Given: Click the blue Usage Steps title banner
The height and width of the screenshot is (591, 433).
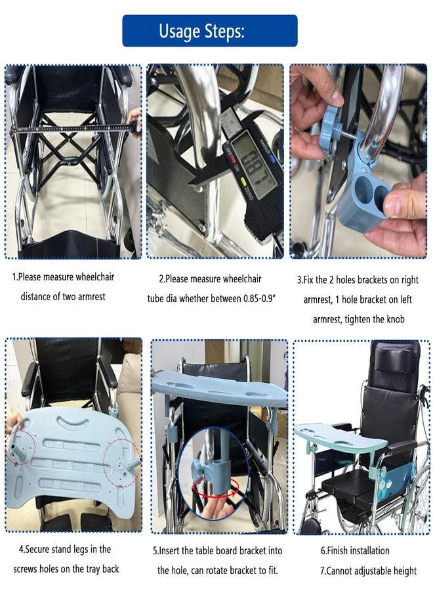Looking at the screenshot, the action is [x=210, y=30].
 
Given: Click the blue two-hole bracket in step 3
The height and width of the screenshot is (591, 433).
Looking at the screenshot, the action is [x=363, y=188].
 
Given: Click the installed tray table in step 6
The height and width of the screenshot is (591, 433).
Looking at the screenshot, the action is [x=340, y=437].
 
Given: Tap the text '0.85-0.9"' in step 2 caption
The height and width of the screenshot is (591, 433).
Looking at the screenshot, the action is [x=260, y=299].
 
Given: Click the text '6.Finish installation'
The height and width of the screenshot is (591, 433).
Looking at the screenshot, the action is [x=355, y=551].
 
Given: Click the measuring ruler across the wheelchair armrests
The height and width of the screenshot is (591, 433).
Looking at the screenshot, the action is [x=73, y=128].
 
